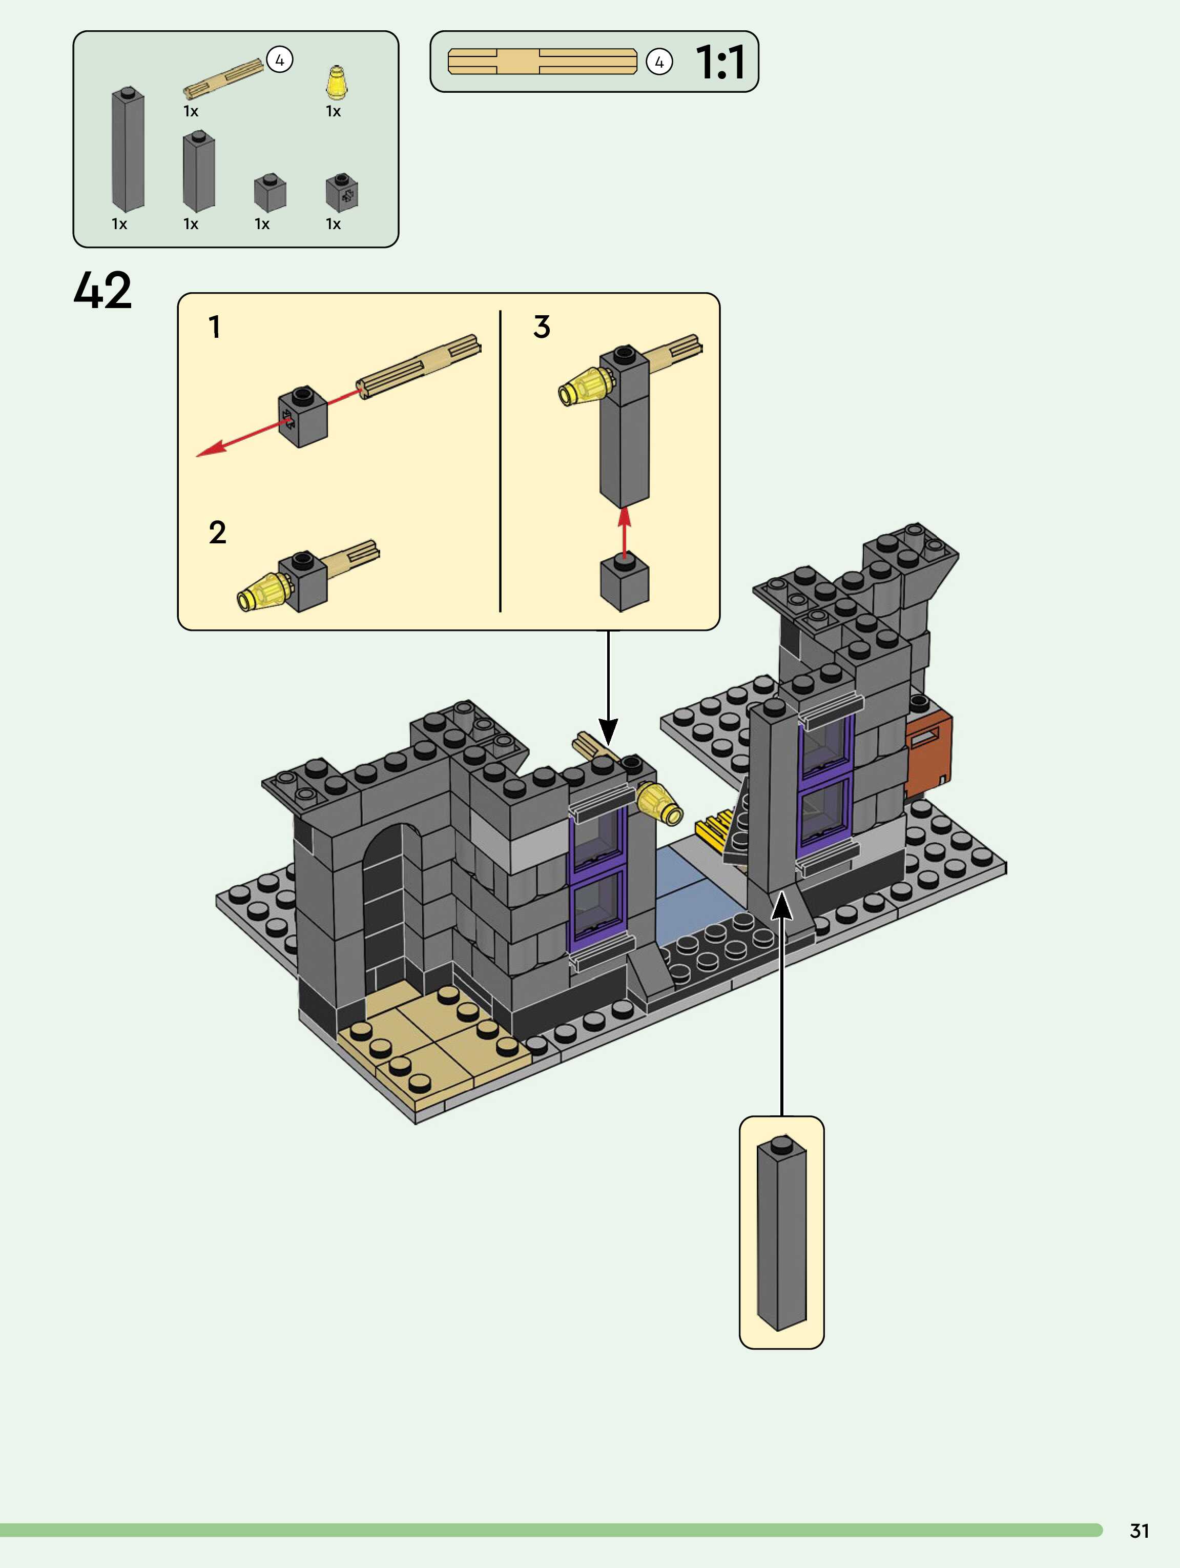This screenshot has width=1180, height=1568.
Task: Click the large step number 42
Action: [x=103, y=290]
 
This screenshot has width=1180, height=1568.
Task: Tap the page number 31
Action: [x=1139, y=1531]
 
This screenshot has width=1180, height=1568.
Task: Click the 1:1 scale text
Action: [x=719, y=63]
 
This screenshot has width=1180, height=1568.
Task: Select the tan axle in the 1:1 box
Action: [x=542, y=62]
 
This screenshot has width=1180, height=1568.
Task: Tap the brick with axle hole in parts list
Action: [x=342, y=192]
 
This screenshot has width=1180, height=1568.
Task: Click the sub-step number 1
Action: [x=214, y=327]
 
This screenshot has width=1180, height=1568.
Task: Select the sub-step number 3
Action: [x=542, y=327]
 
